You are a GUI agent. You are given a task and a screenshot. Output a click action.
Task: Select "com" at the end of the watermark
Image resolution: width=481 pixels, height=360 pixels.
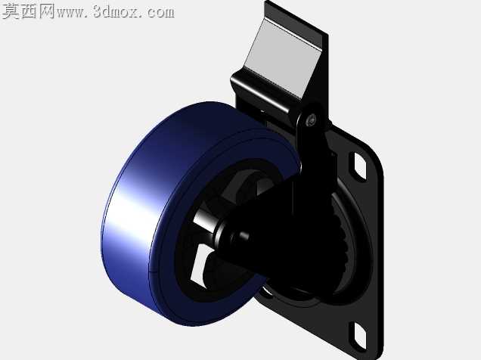pyautogui.click(x=160, y=12)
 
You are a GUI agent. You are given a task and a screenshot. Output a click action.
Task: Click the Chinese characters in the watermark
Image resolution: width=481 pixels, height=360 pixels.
pyautogui.click(x=28, y=11)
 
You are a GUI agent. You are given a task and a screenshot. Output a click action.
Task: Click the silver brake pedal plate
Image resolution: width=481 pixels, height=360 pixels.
pyautogui.click(x=281, y=58)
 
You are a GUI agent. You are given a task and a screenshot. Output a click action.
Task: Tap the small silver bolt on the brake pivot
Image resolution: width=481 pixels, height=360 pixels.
pyautogui.click(x=312, y=119)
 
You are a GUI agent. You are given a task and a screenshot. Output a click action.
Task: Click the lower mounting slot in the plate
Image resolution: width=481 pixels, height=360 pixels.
pyautogui.click(x=358, y=335)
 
